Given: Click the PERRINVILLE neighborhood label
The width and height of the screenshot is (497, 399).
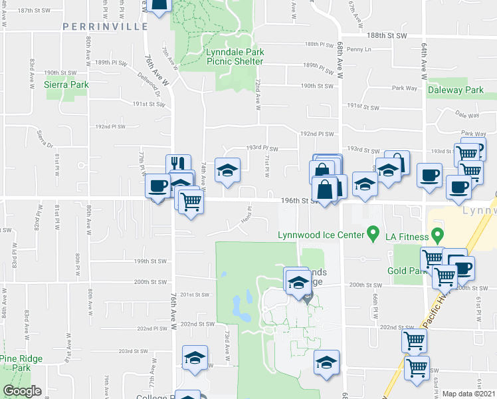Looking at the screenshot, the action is (x=105, y=27).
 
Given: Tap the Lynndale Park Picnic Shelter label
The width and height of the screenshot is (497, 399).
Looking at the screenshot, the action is (x=235, y=57).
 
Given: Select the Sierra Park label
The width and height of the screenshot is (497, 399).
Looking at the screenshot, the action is (x=66, y=84).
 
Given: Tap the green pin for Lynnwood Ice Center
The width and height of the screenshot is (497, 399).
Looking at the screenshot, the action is (x=373, y=233).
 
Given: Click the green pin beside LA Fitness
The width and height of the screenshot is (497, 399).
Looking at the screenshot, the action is (x=437, y=234).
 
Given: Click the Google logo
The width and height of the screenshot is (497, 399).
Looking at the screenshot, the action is (x=22, y=391).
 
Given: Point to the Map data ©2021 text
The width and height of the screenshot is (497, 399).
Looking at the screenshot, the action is (x=468, y=394).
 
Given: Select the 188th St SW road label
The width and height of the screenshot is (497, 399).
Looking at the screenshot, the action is (x=386, y=35).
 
